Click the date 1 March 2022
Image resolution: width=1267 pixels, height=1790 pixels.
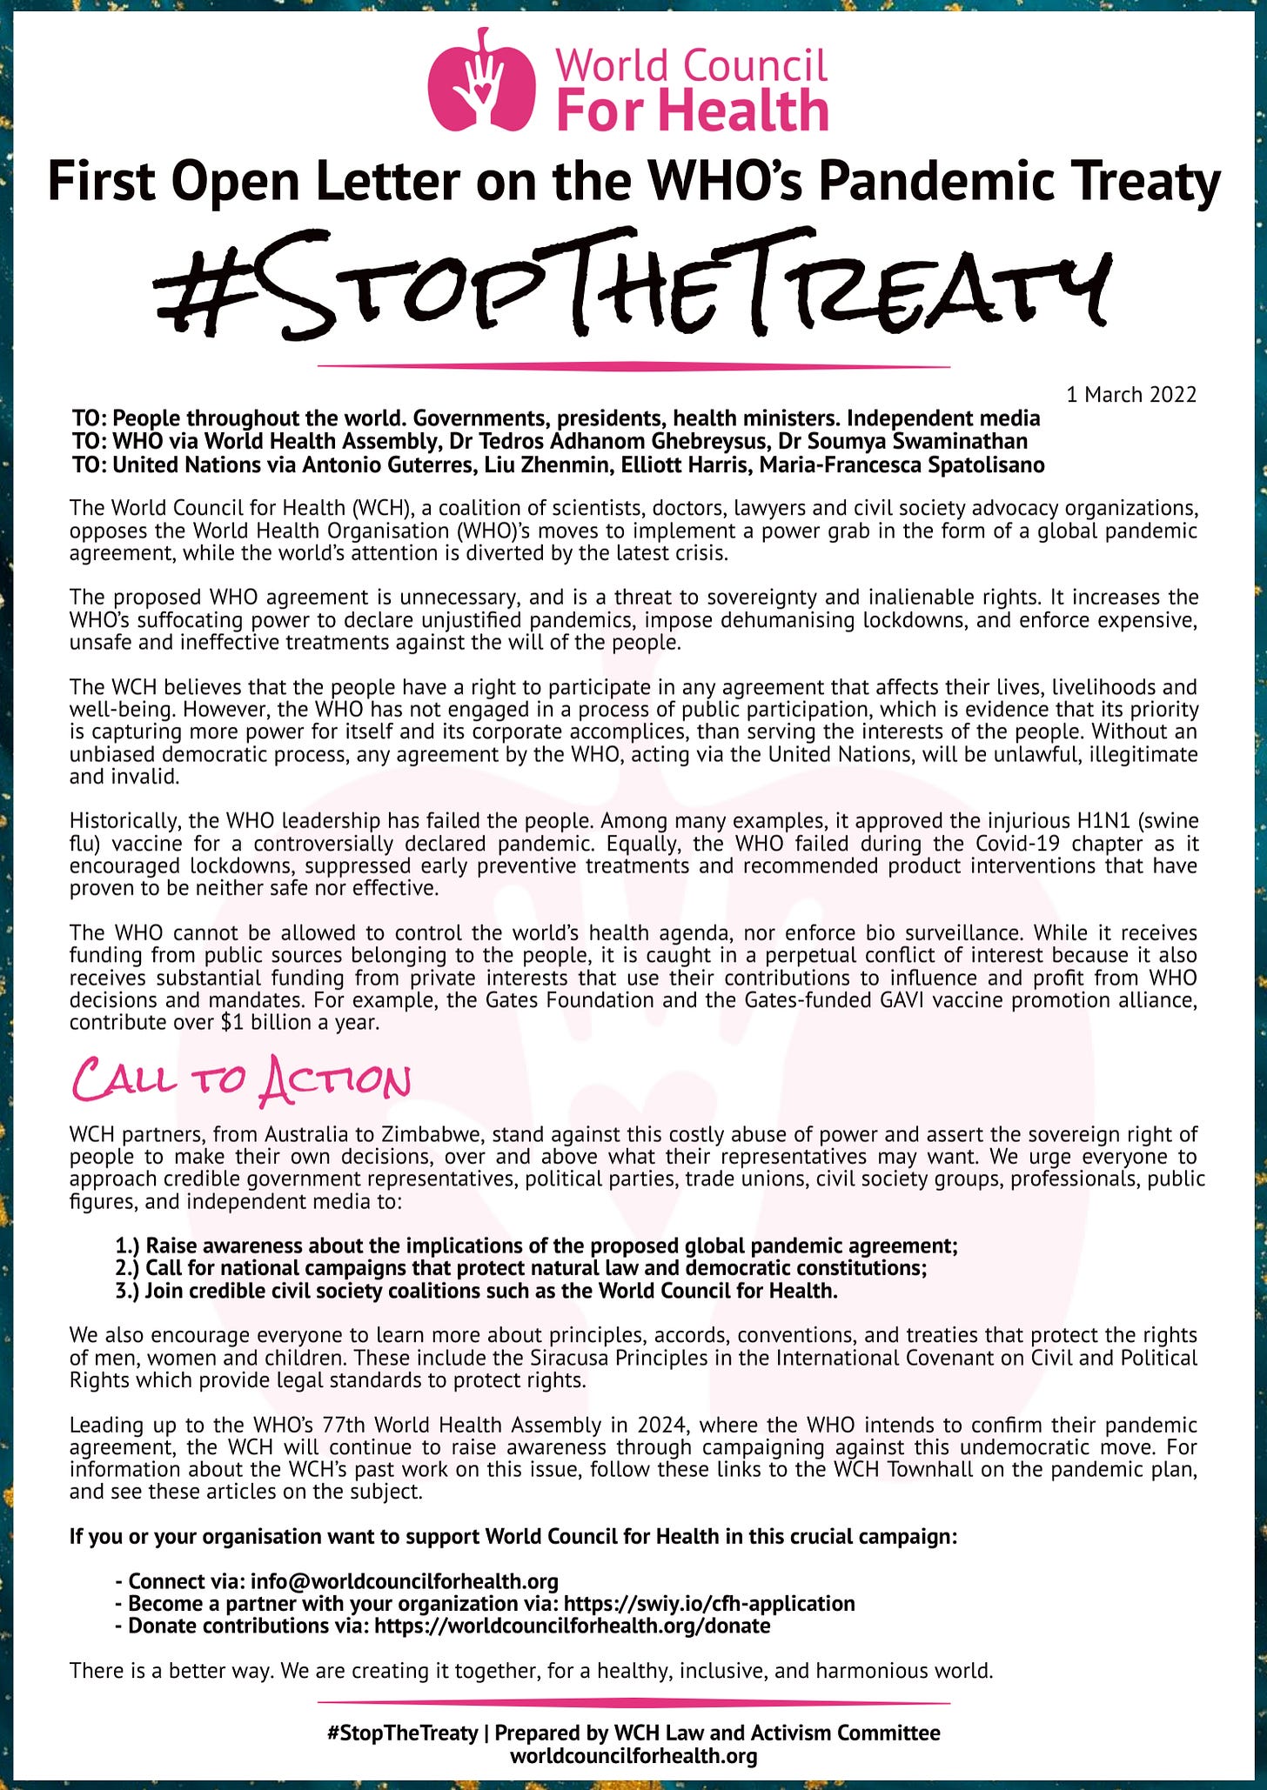pos(1131,395)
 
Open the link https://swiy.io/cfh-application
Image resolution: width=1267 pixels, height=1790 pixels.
pos(709,1603)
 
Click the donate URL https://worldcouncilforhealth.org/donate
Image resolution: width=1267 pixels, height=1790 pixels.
pos(572,1625)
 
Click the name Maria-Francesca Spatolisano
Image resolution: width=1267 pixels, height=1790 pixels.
pos(902,464)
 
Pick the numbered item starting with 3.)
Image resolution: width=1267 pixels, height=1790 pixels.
pos(477,1290)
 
